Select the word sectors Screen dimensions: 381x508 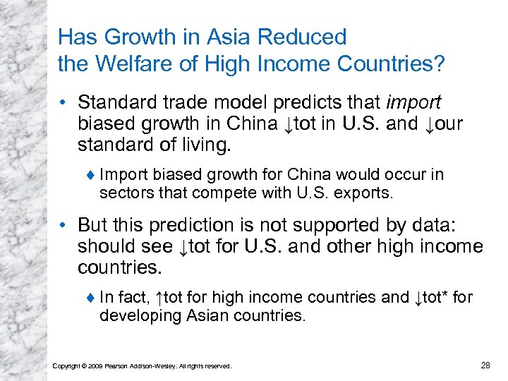[x=122, y=191]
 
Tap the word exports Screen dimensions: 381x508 [x=366, y=191]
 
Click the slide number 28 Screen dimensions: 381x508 [x=485, y=365]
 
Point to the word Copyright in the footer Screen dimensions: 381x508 [x=68, y=365]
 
